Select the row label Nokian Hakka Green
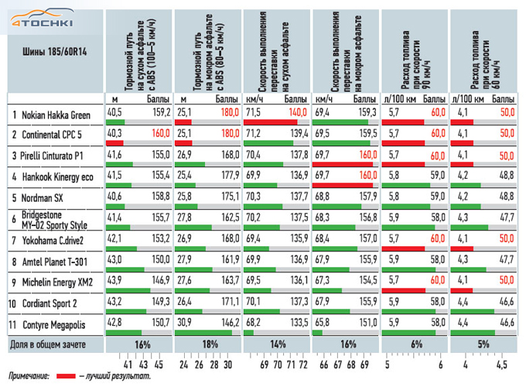[x=56, y=115]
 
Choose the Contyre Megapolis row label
[x=58, y=319]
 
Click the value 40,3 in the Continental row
[x=114, y=133]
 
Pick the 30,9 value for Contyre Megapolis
[x=184, y=316]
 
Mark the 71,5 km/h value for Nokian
[x=253, y=112]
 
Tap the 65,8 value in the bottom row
[x=323, y=316]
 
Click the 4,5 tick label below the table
[x=503, y=364]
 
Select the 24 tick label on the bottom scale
[x=184, y=364]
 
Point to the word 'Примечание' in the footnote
[x=28, y=376]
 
